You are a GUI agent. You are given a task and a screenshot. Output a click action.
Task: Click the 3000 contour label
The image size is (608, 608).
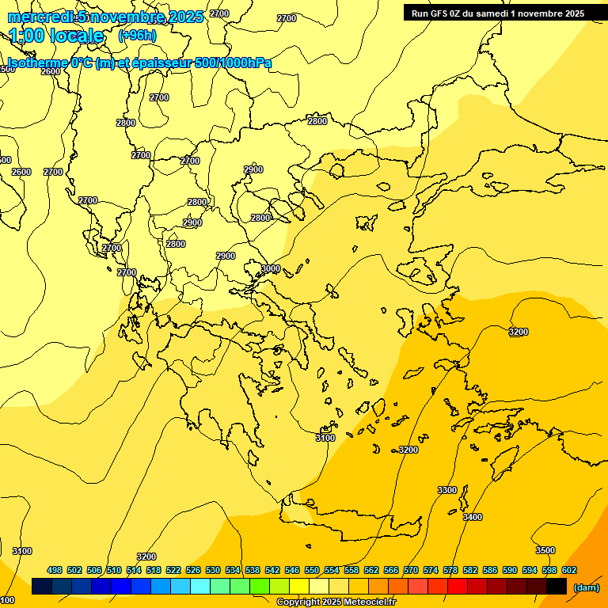coord(271,269)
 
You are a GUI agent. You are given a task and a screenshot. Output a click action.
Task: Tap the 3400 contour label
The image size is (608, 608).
coord(472,517)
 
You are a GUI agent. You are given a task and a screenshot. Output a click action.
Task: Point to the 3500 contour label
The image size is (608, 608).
coord(545,550)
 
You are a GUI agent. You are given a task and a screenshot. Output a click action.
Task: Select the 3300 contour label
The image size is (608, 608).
coord(447,490)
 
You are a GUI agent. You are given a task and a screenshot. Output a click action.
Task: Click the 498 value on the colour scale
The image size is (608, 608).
coord(55,570)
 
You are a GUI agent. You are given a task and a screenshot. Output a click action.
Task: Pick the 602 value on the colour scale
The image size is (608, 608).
coord(568,570)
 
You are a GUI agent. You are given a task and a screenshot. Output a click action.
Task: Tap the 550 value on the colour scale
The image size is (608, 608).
coord(312,570)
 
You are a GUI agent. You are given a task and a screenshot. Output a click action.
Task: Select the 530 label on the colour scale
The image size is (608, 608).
coord(213,570)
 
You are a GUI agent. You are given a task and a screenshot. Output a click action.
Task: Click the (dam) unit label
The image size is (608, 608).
coord(586,587)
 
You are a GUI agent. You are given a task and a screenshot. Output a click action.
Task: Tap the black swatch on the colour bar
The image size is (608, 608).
coord(557,587)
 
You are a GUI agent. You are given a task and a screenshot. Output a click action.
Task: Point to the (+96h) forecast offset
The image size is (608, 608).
coord(137,35)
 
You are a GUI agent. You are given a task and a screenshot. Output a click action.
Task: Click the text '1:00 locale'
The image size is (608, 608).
coord(57,36)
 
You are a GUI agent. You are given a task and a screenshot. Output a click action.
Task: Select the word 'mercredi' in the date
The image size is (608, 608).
coord(40,17)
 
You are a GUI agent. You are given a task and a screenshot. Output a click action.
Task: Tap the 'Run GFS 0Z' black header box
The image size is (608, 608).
coord(498,13)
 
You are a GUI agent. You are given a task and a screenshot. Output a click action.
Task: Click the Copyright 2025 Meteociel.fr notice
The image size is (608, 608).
coord(336,602)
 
